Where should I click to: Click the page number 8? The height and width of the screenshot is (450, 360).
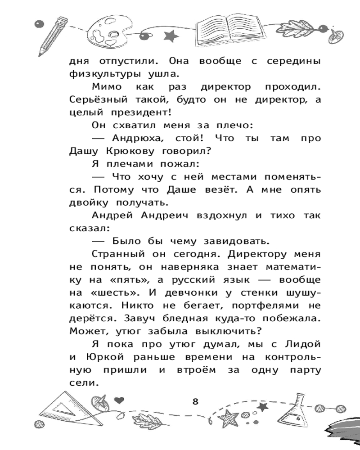195,401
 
